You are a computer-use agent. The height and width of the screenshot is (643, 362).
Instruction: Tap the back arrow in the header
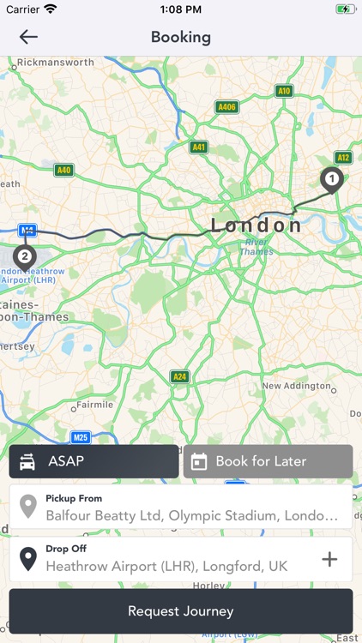28,37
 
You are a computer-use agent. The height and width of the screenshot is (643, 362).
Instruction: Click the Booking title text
181,37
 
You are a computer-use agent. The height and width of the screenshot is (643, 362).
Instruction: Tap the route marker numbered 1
331,179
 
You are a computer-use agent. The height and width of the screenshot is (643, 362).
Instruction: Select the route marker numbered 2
25,255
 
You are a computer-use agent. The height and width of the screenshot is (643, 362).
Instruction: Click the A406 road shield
226,107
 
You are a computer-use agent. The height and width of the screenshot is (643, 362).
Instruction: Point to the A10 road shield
284,91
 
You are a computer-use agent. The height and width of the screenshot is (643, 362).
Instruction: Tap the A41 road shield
199,147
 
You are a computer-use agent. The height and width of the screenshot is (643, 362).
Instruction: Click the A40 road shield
63,170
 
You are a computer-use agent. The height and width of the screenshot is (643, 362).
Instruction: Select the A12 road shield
344,158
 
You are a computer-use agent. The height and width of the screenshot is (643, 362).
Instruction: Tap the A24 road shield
179,376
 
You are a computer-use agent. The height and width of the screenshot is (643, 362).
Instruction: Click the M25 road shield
81,436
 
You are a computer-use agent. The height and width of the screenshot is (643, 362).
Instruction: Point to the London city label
256,225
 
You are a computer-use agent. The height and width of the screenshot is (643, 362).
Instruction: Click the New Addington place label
296,386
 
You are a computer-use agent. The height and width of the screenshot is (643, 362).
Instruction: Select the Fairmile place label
94,405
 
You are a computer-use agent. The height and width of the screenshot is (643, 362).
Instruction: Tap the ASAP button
94,461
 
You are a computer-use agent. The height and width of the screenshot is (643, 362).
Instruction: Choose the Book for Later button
268,461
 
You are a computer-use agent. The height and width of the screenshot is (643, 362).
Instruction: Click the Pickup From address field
181,508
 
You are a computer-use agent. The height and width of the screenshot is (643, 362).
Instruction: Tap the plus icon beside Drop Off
329,560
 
